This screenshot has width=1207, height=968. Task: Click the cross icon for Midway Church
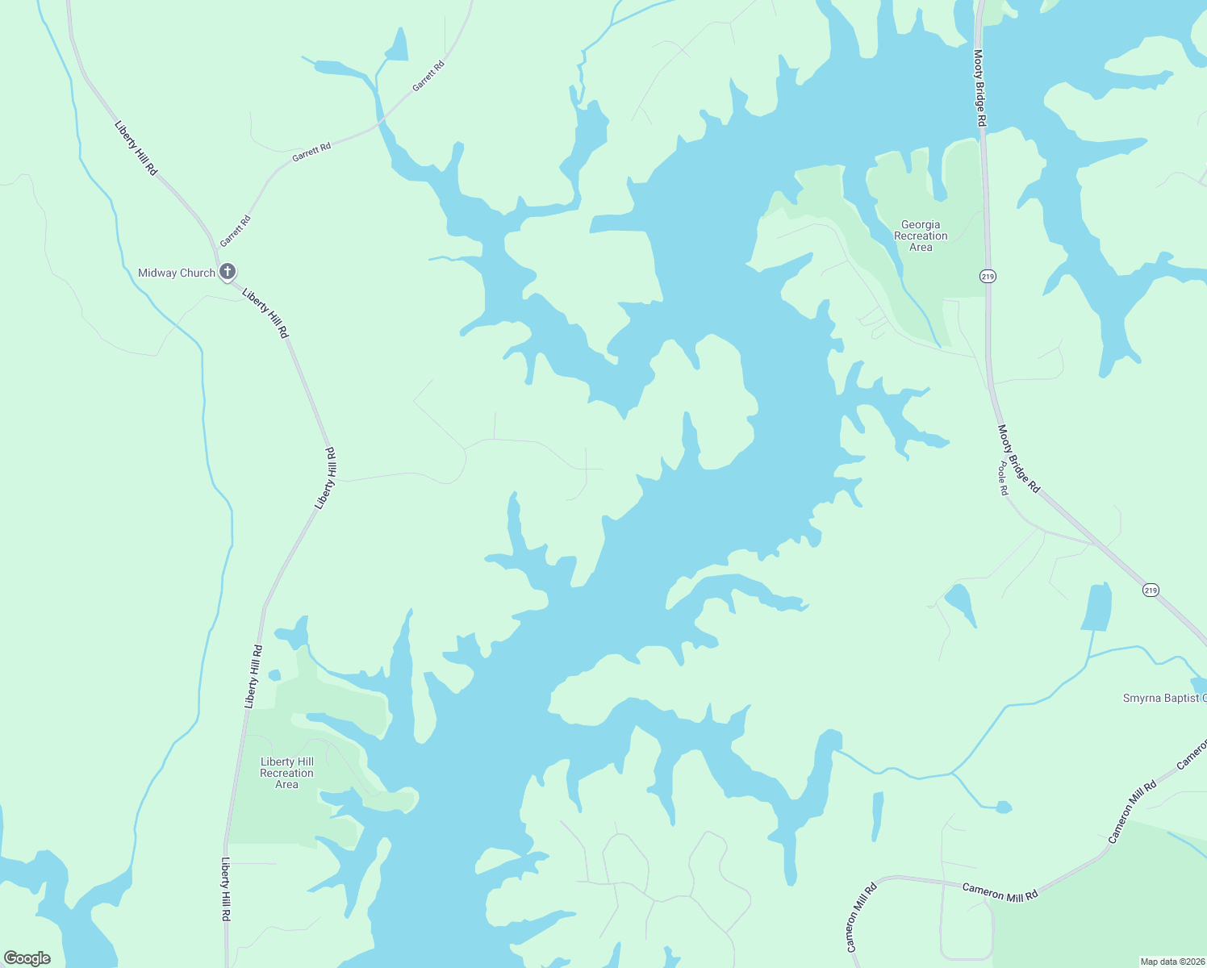228,272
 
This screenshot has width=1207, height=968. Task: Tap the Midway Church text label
177,273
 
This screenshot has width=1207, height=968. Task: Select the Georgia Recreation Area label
921,236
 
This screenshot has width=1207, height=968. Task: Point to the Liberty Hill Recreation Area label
287,773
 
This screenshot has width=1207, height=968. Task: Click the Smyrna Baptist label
1164,698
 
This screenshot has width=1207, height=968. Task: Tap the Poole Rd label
1003,478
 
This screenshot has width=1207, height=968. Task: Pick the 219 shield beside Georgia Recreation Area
988,277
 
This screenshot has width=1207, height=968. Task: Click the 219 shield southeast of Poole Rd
1151,590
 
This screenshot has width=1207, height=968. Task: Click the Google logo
27,958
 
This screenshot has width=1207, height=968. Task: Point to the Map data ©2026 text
1171,962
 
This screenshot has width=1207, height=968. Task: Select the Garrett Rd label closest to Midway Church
236,231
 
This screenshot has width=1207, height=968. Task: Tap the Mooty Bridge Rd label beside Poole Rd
1019,459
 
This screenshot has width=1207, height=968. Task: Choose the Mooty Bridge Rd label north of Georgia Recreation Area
979,88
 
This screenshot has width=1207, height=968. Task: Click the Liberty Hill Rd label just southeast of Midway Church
265,313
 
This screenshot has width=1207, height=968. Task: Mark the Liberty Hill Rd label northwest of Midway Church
136,148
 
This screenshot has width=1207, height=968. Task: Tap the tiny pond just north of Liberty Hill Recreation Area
274,674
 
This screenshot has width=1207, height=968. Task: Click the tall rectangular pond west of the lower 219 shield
1096,607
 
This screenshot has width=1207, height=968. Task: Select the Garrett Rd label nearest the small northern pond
428,76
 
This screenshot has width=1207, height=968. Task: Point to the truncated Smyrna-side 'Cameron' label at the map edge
1192,754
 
